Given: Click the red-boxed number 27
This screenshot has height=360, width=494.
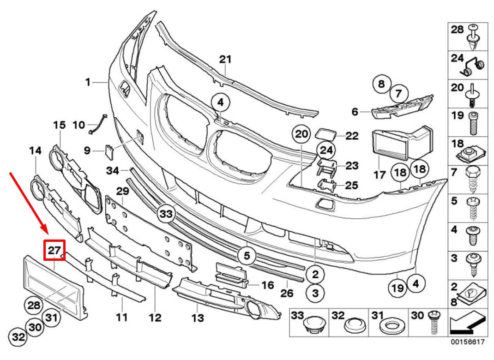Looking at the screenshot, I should [x=54, y=251].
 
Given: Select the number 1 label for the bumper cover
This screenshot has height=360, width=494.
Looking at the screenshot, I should [x=87, y=83].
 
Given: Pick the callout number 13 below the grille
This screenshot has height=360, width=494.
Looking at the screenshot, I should [x=198, y=318].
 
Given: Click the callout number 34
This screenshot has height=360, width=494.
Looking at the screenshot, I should [x=113, y=171].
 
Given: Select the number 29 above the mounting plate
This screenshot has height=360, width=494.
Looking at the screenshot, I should [x=122, y=191].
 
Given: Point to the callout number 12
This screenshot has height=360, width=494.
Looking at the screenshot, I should [x=155, y=318].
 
